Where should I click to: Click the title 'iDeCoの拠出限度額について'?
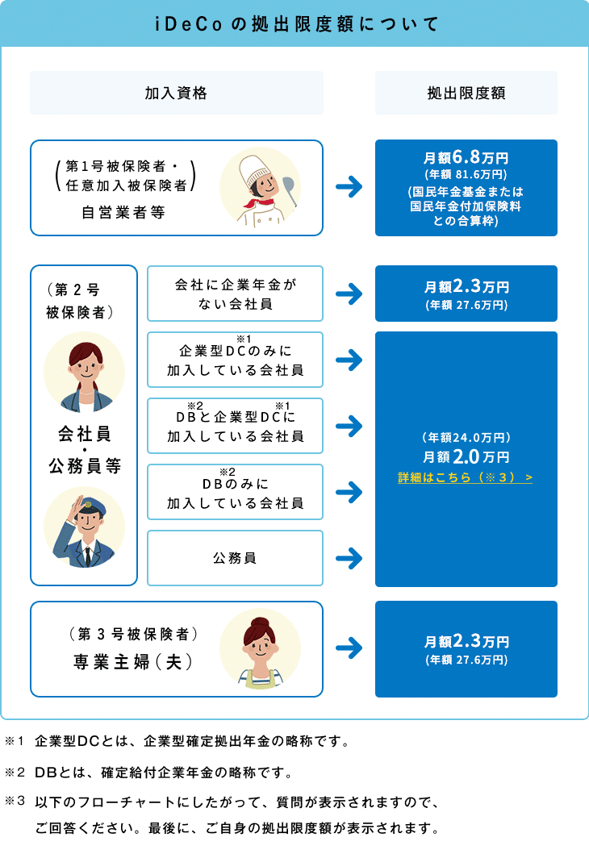[296, 24]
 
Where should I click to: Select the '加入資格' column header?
[176, 93]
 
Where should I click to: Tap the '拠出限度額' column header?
[466, 93]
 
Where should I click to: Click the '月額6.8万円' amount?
[466, 157]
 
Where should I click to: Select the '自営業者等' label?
[123, 212]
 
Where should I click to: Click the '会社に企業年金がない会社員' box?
[236, 294]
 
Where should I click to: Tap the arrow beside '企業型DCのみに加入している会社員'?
[349, 360]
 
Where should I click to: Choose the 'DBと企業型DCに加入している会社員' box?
[236, 426]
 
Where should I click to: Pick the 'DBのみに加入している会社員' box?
[236, 492]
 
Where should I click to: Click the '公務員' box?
[236, 558]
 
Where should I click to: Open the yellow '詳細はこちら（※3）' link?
[466, 477]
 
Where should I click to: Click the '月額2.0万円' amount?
[466, 456]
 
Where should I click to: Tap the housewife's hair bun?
[259, 622]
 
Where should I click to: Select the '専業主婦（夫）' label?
[133, 662]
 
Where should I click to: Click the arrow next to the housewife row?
[349, 648]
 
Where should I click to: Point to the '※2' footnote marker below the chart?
[15, 772]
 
